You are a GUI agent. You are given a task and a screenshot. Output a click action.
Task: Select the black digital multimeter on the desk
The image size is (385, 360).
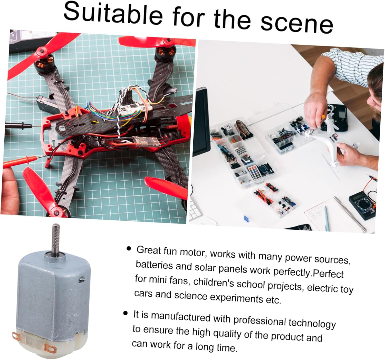362,205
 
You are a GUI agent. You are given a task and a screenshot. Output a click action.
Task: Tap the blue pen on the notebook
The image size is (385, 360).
326,218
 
